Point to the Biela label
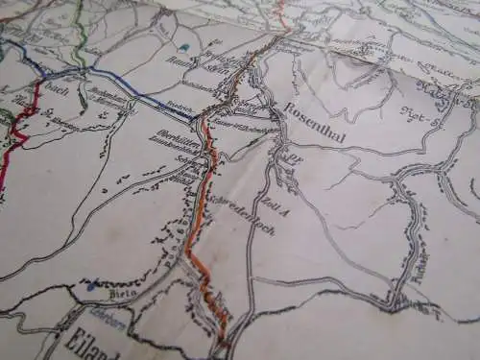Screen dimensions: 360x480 (x=121, y=293)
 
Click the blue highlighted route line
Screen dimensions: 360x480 (x=134, y=88)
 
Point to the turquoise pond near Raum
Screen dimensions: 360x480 (x=182, y=46)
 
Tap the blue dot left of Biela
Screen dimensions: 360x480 (x=92, y=285)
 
